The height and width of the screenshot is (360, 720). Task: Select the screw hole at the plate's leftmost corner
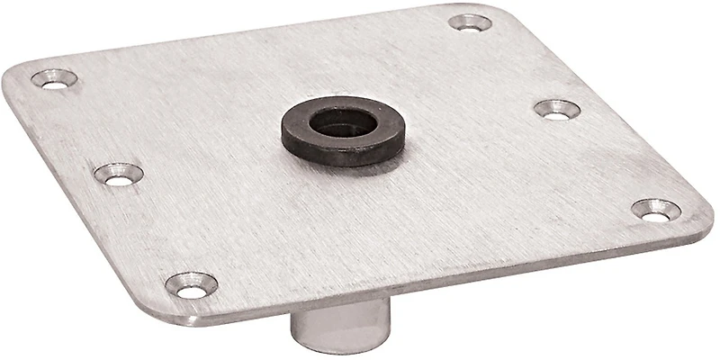54,79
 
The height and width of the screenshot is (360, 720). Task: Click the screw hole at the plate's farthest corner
470,22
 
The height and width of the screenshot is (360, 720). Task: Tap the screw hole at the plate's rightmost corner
656,211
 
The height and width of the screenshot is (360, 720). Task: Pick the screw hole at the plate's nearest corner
192,286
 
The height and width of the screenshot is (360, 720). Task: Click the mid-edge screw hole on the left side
119,174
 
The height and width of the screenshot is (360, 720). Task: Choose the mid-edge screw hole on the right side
557,110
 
